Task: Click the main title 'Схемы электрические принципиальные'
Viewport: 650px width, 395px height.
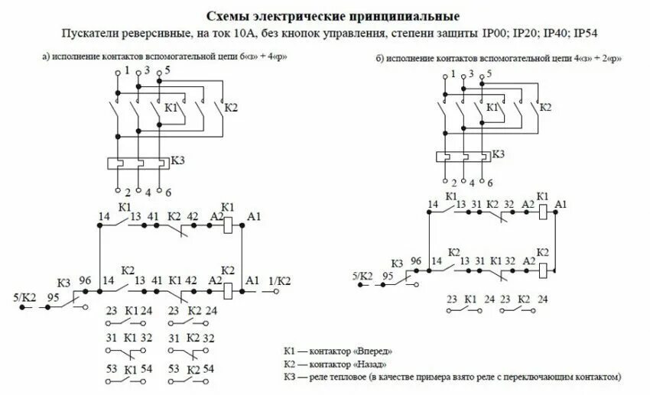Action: pyautogui.click(x=324, y=16)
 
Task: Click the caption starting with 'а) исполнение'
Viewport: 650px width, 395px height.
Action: pyautogui.click(x=164, y=57)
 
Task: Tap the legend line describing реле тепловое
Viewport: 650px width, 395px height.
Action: pyautogui.click(x=452, y=377)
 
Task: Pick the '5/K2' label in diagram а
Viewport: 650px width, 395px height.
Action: pyautogui.click(x=26, y=296)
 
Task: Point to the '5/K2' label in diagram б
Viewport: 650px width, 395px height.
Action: pyautogui.click(x=362, y=276)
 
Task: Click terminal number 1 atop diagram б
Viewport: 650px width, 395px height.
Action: pyautogui.click(x=453, y=73)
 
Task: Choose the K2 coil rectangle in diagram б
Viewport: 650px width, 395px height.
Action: pyautogui.click(x=542, y=267)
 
